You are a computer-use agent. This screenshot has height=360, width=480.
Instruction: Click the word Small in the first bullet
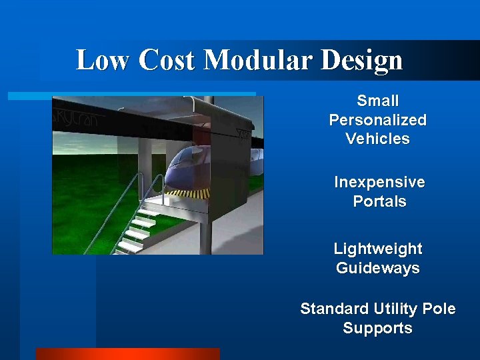click(x=378, y=101)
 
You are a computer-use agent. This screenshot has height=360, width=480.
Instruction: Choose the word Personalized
click(x=378, y=120)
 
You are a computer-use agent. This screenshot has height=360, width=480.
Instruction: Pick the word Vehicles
click(x=378, y=139)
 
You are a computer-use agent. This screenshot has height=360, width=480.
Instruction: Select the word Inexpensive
click(x=379, y=182)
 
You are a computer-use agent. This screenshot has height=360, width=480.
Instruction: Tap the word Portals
click(x=379, y=201)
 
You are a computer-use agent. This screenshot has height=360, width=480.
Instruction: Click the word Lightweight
click(x=378, y=249)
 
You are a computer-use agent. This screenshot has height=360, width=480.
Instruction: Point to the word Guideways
click(x=378, y=268)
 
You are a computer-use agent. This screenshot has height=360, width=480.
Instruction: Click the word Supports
click(x=378, y=329)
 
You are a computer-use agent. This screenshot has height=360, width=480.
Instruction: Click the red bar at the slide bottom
click(x=127, y=354)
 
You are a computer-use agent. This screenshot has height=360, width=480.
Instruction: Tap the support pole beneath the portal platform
click(x=206, y=237)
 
